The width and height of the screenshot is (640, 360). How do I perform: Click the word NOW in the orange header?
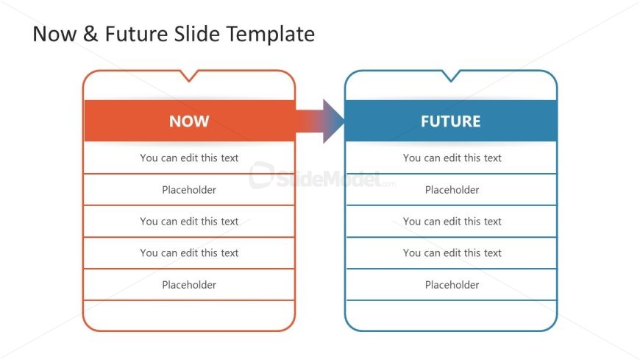coord(189,121)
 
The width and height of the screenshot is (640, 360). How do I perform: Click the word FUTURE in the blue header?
coord(450,121)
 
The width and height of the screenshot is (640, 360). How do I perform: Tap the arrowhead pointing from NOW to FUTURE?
coord(333,121)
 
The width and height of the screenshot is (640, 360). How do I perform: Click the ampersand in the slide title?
coord(90,34)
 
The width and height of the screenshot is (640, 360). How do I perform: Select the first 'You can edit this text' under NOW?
coord(189,158)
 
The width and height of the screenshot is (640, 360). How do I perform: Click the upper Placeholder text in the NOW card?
coord(189,190)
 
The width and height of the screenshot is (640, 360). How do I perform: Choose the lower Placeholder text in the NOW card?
coord(189,285)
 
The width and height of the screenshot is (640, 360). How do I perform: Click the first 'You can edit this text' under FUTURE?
coord(452,158)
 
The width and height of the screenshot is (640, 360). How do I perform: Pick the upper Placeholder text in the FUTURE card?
coord(452,190)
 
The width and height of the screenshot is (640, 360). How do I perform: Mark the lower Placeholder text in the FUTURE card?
coord(452,285)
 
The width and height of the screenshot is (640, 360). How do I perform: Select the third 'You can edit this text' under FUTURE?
coord(452,253)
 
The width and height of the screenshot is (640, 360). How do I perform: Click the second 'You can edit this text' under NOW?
coord(189,221)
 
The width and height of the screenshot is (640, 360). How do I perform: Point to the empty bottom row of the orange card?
coord(189,315)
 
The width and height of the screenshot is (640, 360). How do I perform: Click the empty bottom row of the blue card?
coord(451,315)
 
